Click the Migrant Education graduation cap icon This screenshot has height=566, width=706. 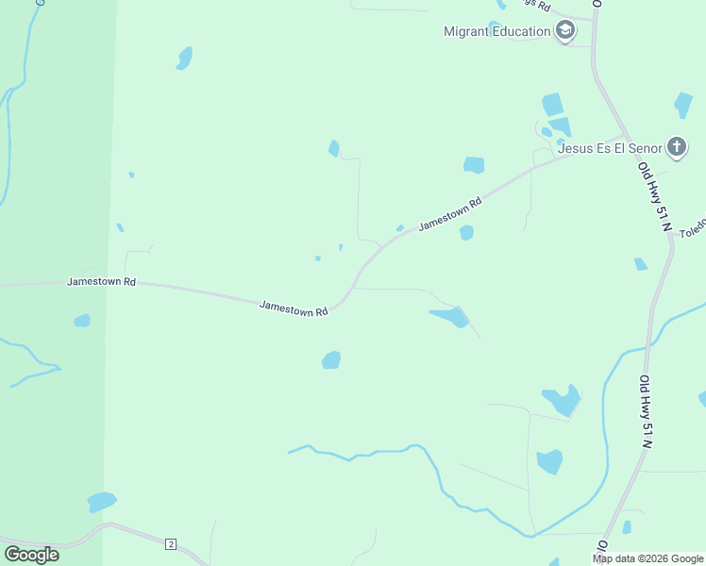pos(565,31)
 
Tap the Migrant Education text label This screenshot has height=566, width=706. pos(497,31)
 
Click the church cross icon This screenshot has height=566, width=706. pos(676,146)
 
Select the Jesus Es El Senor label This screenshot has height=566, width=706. pos(609,148)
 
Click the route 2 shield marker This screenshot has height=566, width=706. pos(170,544)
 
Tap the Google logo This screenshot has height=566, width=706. pos(31,554)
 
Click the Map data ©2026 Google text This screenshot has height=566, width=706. pos(647,558)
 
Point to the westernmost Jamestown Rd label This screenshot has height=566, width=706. pos(102,282)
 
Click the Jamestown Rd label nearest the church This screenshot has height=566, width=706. pos(450,214)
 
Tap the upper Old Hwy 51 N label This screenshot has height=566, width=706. pos(653,197)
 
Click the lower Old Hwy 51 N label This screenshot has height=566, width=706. pos(647,410)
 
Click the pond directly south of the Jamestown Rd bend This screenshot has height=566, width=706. pos(330,359)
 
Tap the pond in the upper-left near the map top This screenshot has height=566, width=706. pos(184,58)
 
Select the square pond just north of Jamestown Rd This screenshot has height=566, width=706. pos(474,165)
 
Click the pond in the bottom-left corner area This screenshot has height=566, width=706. pos(101,501)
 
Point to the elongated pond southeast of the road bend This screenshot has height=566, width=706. pos(449,316)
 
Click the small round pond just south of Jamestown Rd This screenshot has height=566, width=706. pos(466,233)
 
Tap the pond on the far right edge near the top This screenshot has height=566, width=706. pos(683,105)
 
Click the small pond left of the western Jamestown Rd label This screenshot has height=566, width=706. pos(82,321)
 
